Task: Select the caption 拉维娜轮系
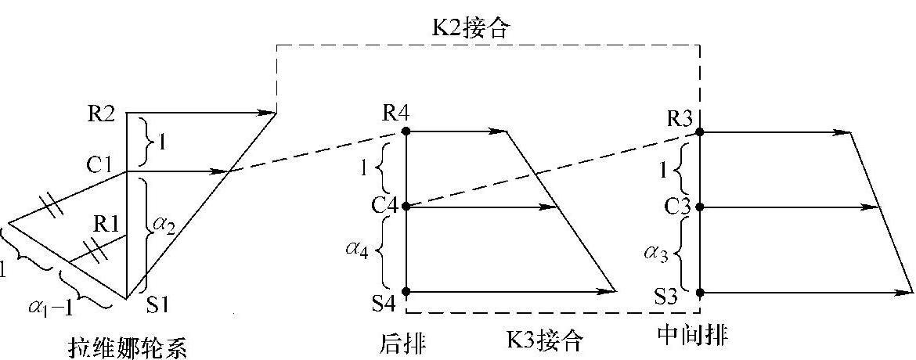click(128, 345)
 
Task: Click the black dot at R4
click(406, 131)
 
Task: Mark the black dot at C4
click(406, 207)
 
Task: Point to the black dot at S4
click(406, 291)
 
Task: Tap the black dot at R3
click(700, 131)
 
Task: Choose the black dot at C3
click(700, 207)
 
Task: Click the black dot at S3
click(700, 292)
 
